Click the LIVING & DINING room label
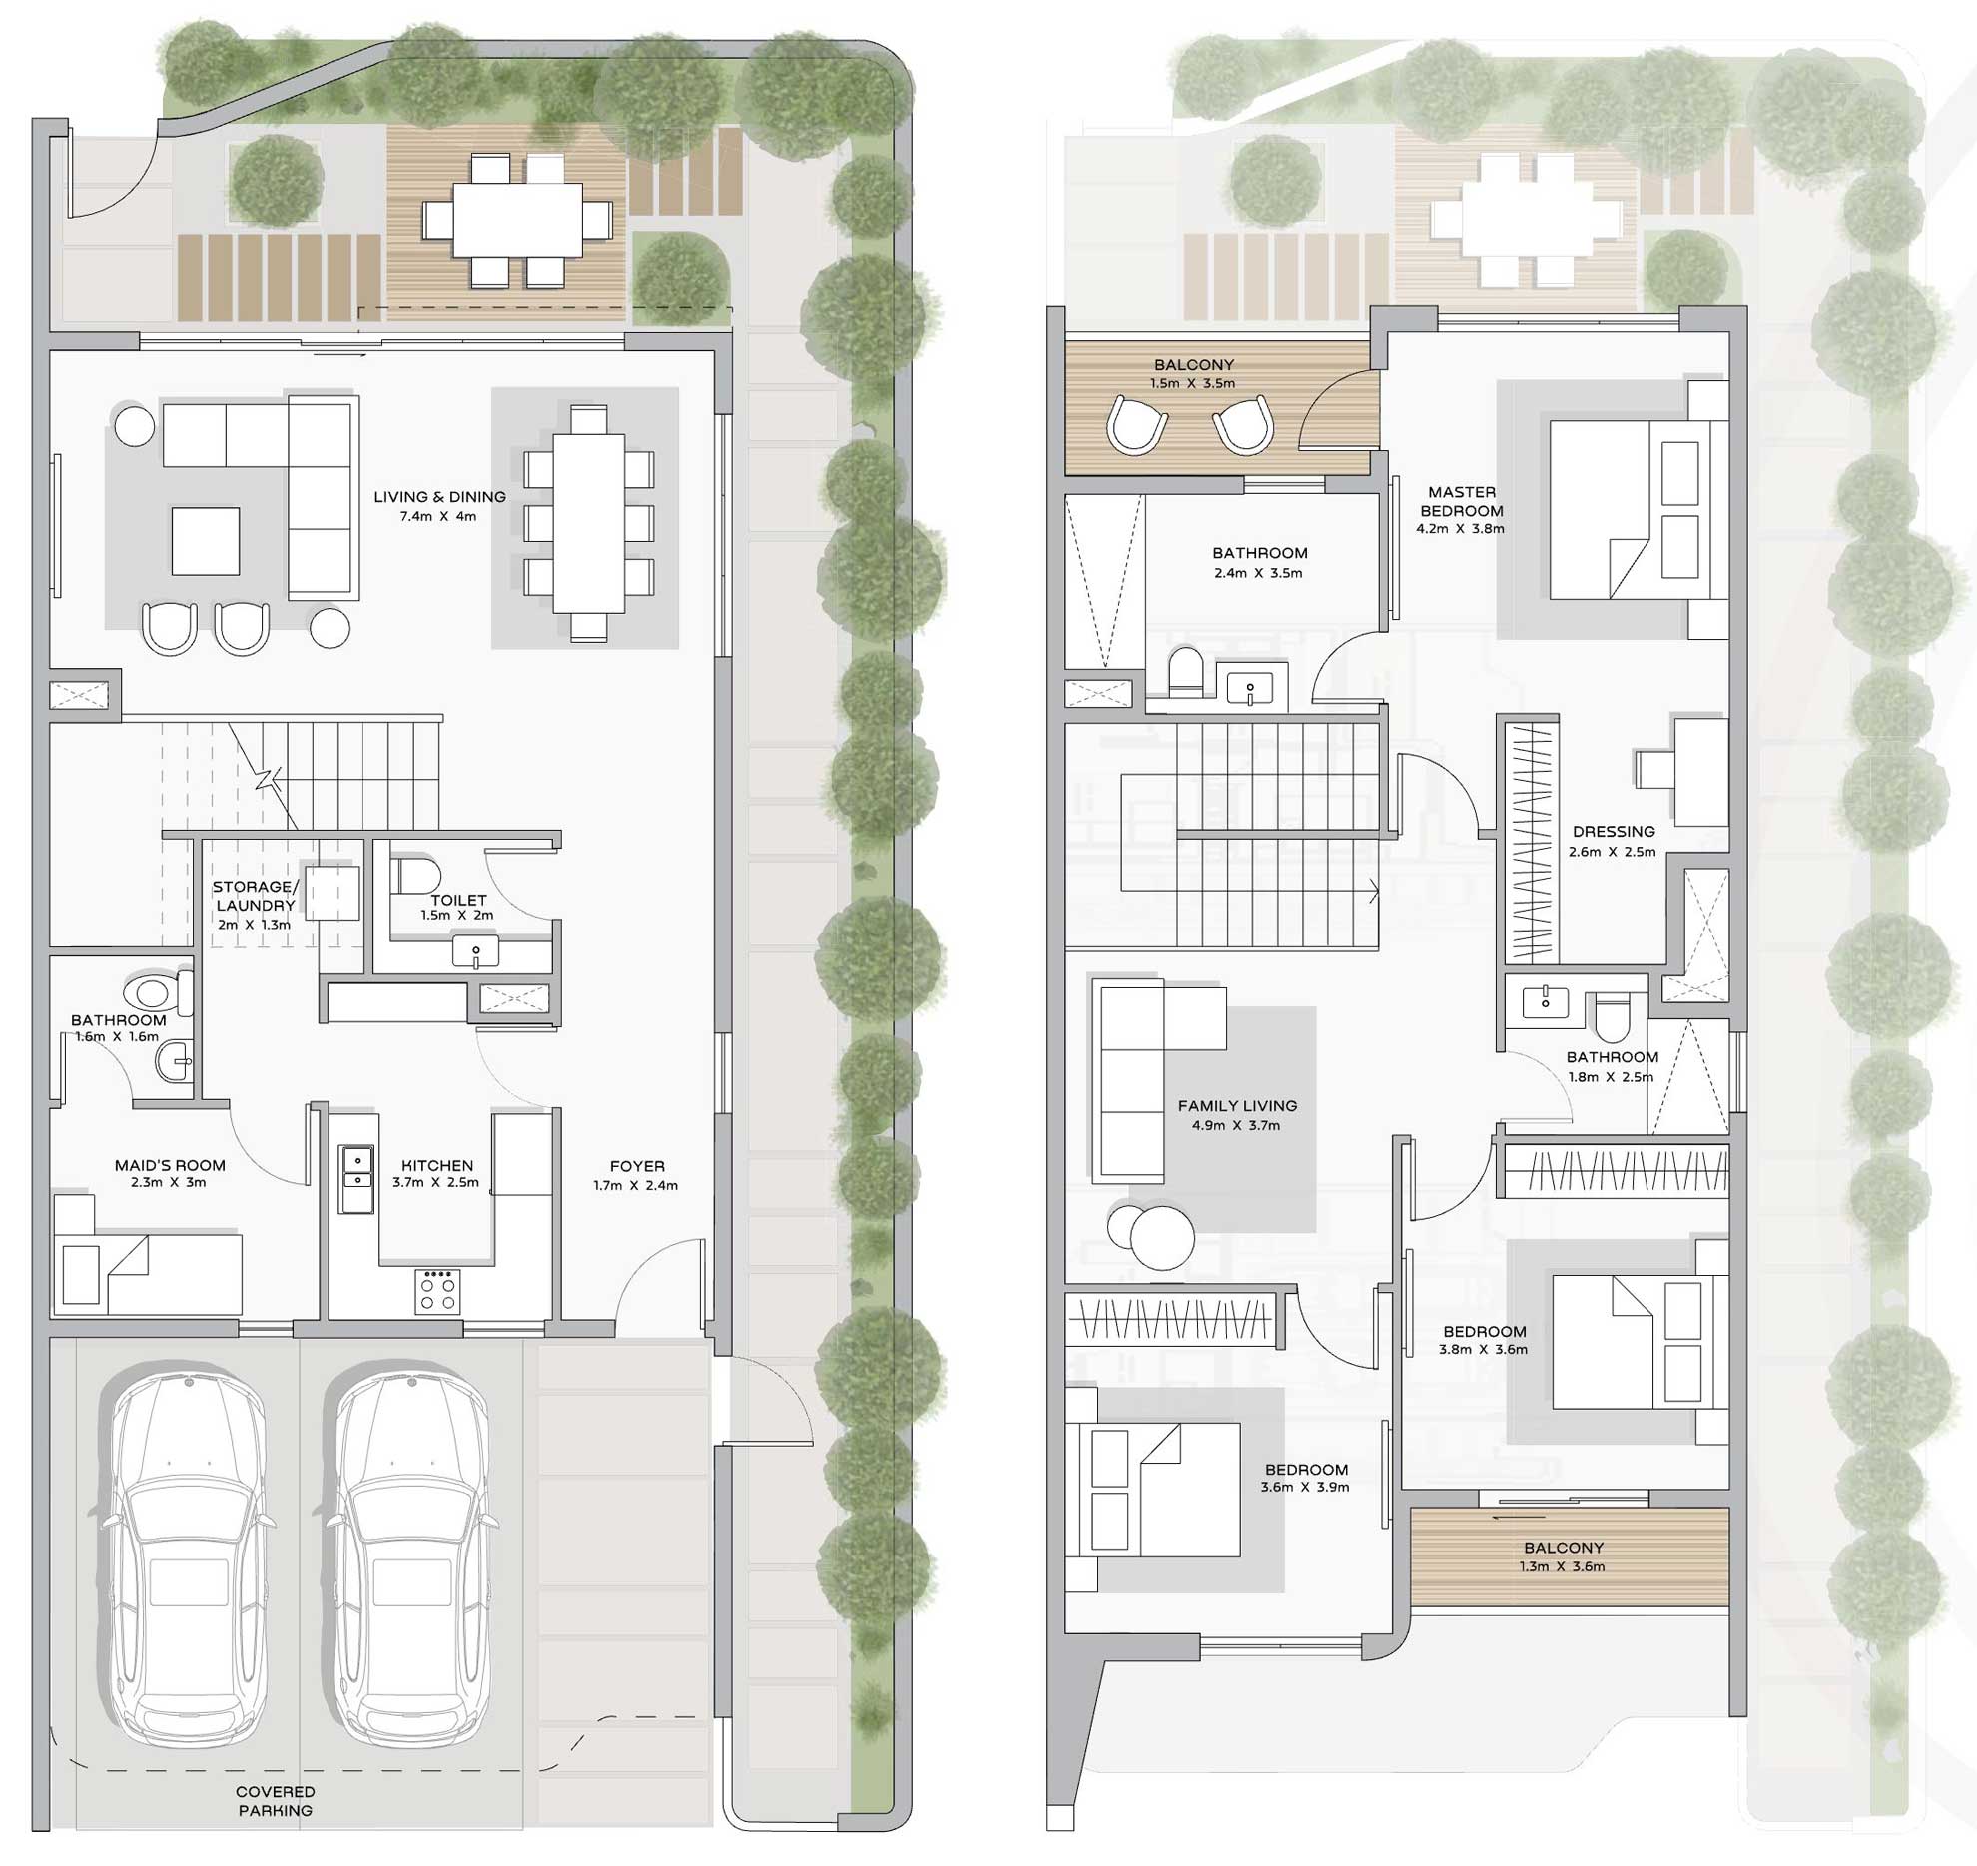coord(439,497)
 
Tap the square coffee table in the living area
coord(206,541)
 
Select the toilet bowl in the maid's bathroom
coord(154,992)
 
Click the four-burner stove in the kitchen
coord(438,1291)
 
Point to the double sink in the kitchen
coord(355,1179)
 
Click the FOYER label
coord(637,1166)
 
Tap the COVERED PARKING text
coord(276,1801)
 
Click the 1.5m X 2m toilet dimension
coord(456,915)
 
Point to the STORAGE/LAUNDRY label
coord(255,896)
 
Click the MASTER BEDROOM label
coord(1462,501)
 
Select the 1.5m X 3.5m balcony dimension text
coord(1193,383)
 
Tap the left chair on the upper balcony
coord(1137,425)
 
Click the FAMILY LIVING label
coord(1237,1106)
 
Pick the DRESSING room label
coord(1614,832)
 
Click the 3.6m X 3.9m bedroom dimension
coord(1305,1488)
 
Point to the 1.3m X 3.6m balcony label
coord(1563,1566)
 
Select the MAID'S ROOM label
coord(170,1165)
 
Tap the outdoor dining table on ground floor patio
coord(517,220)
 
